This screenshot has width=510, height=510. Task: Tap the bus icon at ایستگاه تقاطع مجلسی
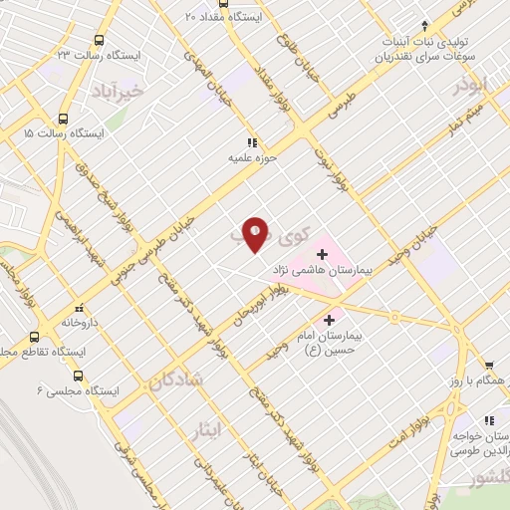tap(35, 336)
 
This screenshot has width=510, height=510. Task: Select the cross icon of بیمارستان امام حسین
tap(330, 320)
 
